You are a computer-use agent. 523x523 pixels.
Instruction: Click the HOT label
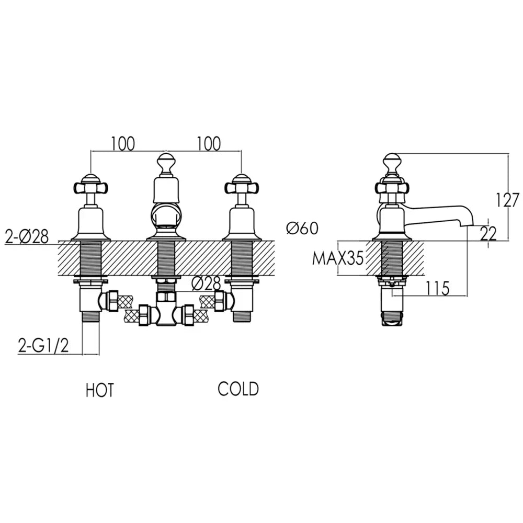click(100, 390)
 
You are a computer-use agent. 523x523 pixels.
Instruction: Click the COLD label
click(238, 389)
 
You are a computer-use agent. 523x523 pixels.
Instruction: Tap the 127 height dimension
click(507, 200)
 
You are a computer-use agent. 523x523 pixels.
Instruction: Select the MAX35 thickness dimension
click(337, 258)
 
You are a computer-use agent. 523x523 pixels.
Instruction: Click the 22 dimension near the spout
click(488, 234)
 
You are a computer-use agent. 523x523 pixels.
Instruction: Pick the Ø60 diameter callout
click(302, 228)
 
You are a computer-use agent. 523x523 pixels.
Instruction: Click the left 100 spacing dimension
click(122, 143)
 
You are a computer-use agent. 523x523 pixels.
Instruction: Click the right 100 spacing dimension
click(209, 143)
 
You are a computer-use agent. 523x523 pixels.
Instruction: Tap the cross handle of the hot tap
click(90, 186)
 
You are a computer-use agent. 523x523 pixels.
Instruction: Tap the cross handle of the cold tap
click(241, 186)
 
